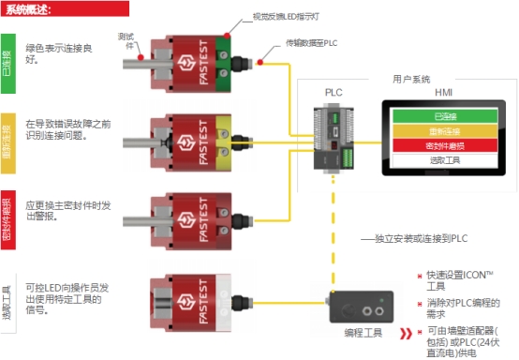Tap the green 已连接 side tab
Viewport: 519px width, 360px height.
8,67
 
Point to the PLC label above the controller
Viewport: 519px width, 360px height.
334,94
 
